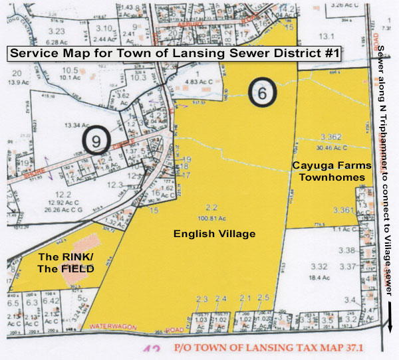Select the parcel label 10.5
pos(70,70)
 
